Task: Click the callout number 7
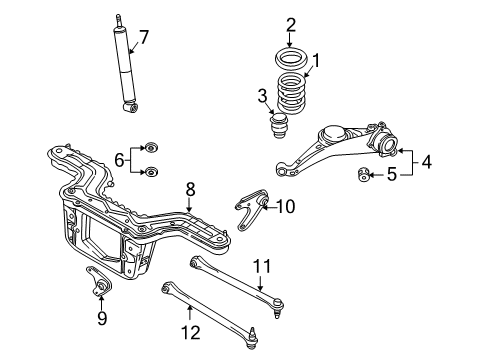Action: point(143,37)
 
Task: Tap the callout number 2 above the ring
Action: point(290,25)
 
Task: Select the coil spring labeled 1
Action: point(292,94)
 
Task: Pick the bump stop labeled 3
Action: point(279,126)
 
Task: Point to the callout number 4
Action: point(426,162)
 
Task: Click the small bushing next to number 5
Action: point(363,174)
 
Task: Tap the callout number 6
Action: point(119,160)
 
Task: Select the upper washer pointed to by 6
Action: point(150,147)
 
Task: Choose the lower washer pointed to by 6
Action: point(150,172)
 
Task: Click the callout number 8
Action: point(190,190)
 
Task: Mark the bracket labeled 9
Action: point(99,283)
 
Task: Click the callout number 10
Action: point(286,206)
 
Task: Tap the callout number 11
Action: point(262,266)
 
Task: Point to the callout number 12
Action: point(191,332)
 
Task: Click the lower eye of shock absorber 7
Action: point(131,107)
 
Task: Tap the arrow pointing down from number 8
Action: point(189,204)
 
